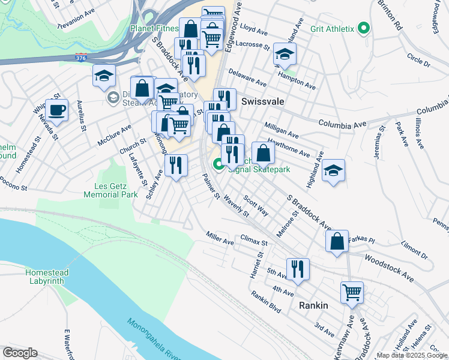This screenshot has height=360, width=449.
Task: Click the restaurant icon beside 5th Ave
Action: [x=298, y=269]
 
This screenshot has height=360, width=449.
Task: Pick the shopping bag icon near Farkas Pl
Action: [x=337, y=242]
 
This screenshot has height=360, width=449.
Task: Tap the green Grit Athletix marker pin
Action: [x=363, y=28]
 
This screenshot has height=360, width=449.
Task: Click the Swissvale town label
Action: [x=262, y=102]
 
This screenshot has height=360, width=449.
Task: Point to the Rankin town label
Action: [x=313, y=305]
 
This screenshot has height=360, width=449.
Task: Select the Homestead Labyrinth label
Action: [x=47, y=277]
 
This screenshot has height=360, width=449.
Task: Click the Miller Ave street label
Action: [x=220, y=238]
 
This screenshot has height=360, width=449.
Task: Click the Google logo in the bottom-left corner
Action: [x=20, y=353]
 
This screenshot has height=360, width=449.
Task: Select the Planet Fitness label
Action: [x=154, y=28]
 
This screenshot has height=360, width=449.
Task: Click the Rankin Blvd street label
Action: [x=266, y=301]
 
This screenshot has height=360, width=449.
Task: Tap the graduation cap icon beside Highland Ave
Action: [x=333, y=171]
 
